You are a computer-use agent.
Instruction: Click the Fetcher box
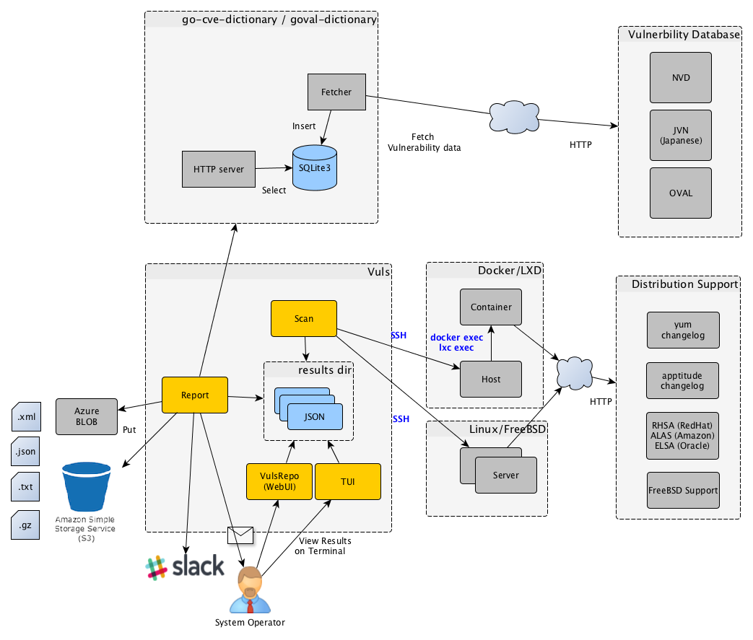click(x=336, y=92)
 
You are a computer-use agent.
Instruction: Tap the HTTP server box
click(x=218, y=170)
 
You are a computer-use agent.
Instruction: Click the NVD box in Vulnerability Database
click(x=680, y=77)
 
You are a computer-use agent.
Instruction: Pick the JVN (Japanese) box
click(x=680, y=135)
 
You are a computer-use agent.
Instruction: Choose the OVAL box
click(x=680, y=193)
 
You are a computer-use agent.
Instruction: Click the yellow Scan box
click(x=303, y=318)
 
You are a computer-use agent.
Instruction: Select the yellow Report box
click(x=195, y=395)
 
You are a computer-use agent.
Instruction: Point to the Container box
click(x=491, y=307)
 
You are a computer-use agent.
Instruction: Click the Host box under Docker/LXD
click(x=491, y=379)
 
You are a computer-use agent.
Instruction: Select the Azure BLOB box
click(x=87, y=416)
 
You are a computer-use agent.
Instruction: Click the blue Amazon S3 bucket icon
click(x=86, y=488)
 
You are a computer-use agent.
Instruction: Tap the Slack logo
click(x=185, y=567)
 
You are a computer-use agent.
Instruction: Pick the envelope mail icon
click(x=240, y=535)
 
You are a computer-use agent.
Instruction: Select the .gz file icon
click(x=25, y=525)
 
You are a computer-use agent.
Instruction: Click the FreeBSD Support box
click(x=683, y=490)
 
